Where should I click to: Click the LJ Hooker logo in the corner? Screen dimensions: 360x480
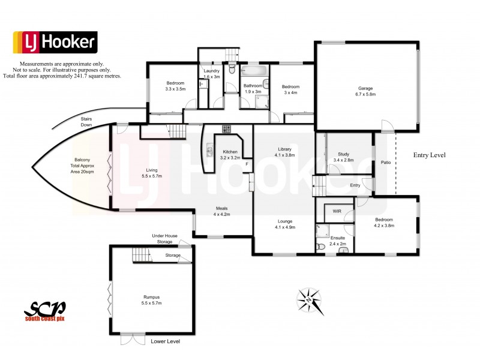pos(55,41)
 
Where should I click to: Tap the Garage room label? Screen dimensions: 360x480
pos(365,89)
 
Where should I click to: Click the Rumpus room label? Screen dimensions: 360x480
pos(151,296)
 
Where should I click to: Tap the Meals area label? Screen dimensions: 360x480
pos(222,209)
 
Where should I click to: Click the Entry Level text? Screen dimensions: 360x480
pos(430,155)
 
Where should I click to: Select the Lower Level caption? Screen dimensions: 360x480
pos(165,341)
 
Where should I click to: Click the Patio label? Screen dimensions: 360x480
pos(384,161)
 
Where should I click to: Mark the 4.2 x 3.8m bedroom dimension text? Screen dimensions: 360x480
pos(384,226)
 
